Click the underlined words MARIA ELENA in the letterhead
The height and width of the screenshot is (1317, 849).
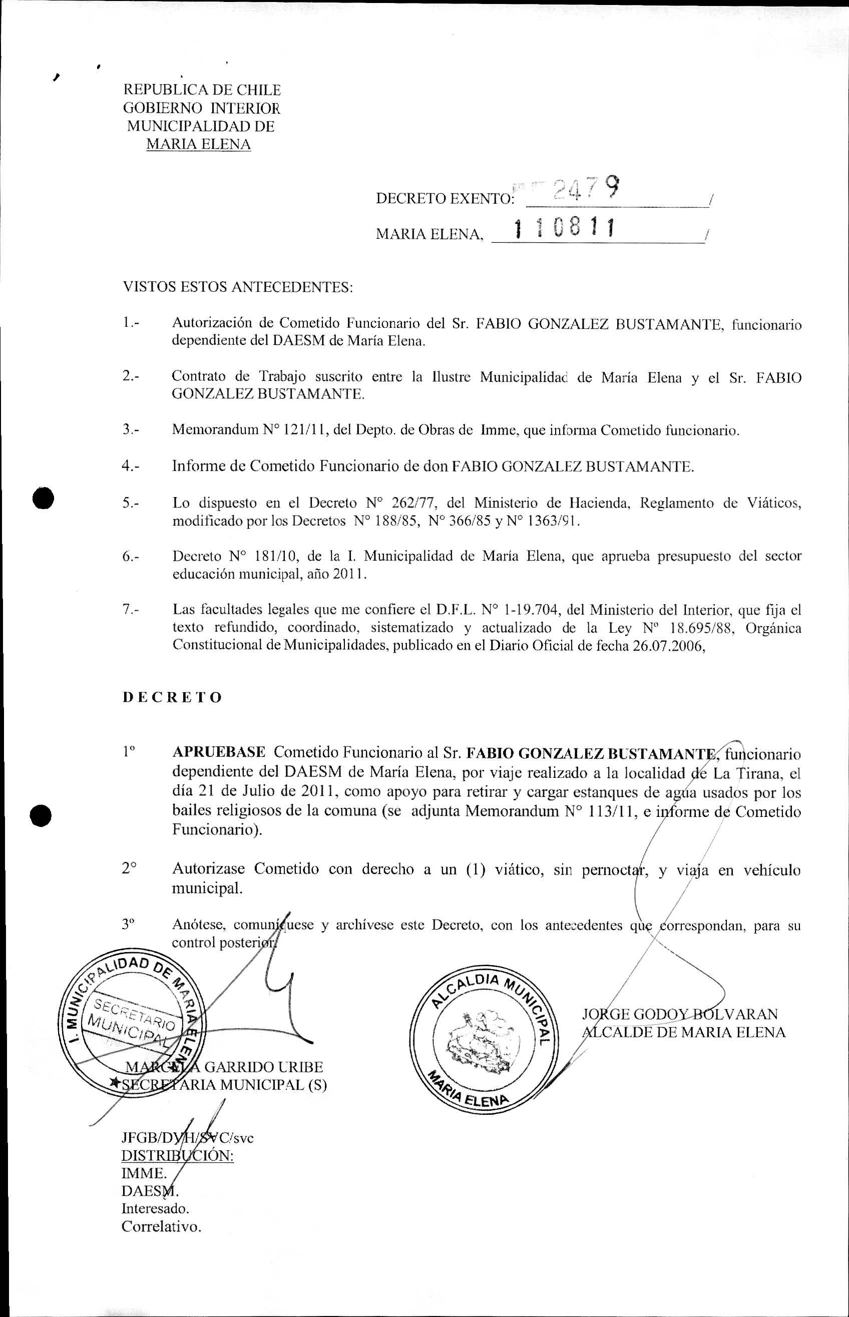pos(198,145)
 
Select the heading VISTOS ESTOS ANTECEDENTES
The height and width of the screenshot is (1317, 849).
pos(238,287)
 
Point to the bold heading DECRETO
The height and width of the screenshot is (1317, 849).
pos(172,697)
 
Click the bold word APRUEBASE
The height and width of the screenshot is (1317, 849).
pos(219,752)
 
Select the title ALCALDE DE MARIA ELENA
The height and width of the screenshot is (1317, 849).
pos(684,1032)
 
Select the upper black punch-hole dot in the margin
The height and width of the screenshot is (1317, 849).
pos(43,499)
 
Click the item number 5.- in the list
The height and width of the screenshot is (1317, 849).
pos(131,503)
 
